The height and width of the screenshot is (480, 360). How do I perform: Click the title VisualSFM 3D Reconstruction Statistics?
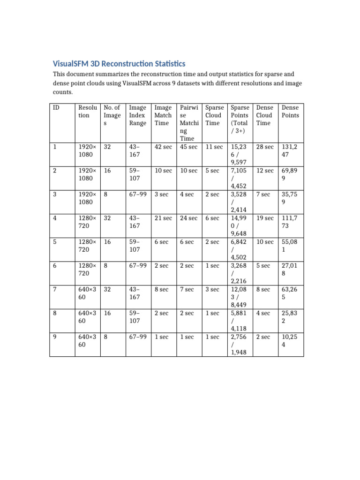(x=119, y=63)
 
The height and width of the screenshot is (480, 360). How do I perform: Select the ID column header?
(x=56, y=108)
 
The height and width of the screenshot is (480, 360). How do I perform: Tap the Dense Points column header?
(x=290, y=112)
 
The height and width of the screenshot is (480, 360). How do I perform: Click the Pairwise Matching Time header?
(x=189, y=123)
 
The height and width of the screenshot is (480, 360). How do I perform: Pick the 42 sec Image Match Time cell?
(x=163, y=147)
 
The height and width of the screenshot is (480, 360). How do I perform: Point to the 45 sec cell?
(x=189, y=147)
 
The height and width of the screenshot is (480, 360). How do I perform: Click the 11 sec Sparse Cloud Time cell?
(x=214, y=147)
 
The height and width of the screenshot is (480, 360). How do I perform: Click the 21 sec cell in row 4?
(x=163, y=218)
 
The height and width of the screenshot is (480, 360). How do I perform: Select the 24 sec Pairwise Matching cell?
(x=189, y=218)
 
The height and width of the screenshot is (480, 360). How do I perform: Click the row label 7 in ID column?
(x=55, y=290)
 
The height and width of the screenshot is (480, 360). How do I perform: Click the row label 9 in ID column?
(x=55, y=337)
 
